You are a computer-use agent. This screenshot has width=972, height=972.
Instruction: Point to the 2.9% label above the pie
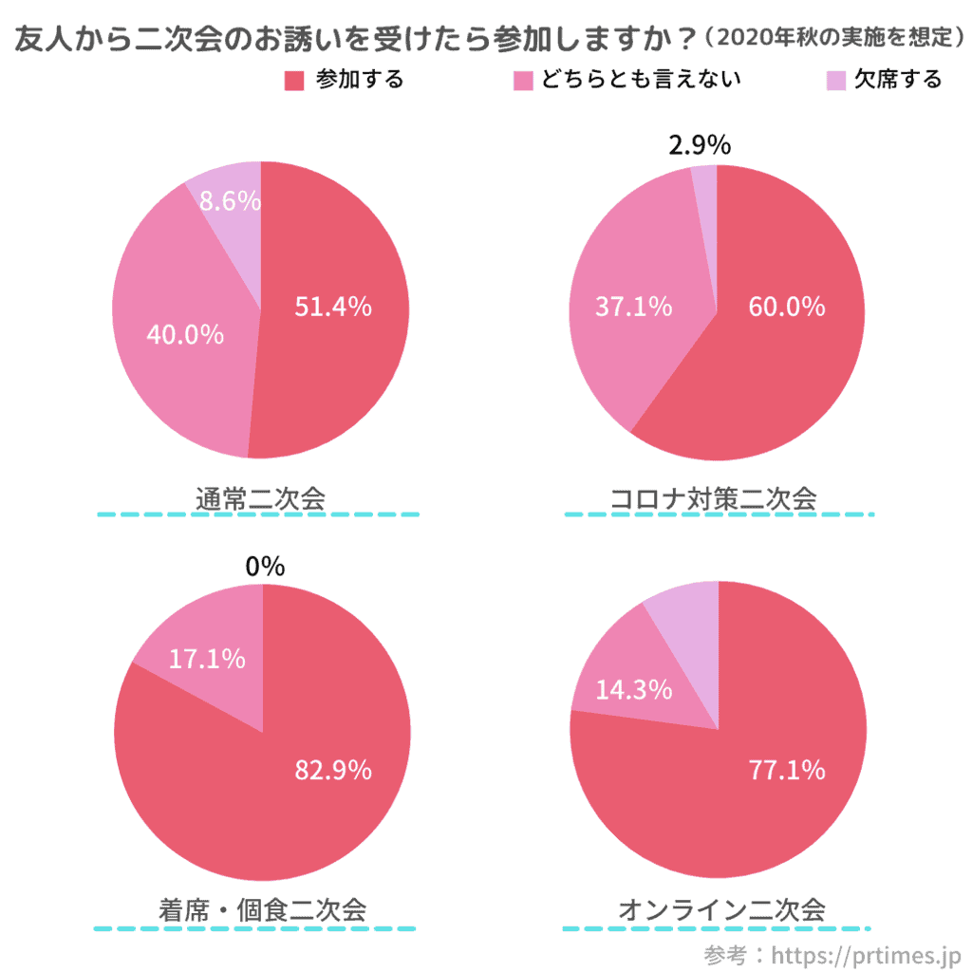(x=700, y=145)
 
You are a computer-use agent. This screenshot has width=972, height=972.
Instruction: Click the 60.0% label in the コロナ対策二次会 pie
(x=786, y=307)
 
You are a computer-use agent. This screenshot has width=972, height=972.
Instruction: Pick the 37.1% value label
(x=633, y=307)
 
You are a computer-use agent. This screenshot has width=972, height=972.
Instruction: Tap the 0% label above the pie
(x=264, y=566)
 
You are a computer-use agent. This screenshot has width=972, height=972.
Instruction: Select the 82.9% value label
(x=332, y=770)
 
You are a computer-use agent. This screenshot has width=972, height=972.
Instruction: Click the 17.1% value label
(x=207, y=658)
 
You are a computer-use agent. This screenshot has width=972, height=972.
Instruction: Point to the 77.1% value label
(x=786, y=770)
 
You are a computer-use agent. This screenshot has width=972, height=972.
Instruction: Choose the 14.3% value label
(x=633, y=690)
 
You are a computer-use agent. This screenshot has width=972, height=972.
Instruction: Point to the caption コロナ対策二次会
(x=713, y=497)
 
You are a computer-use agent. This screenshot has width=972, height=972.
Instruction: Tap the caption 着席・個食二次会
(x=262, y=909)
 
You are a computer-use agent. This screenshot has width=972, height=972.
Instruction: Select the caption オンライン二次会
(x=721, y=909)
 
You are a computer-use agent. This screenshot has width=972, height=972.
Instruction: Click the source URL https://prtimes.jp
(x=867, y=952)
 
